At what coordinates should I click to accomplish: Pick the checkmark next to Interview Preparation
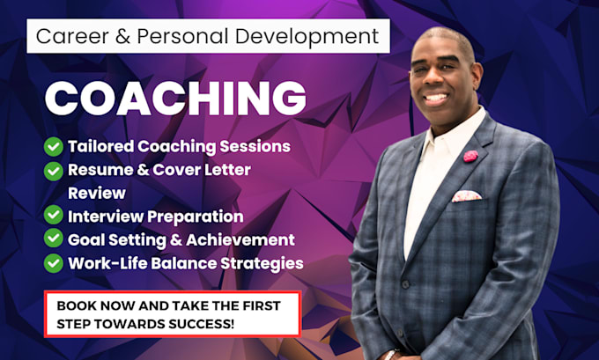(54, 216)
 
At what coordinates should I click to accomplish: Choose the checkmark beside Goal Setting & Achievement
(54, 239)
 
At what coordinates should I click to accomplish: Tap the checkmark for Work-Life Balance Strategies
(54, 262)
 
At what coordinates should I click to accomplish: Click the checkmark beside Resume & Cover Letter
(54, 170)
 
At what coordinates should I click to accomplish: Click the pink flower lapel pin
(470, 156)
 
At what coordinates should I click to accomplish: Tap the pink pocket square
(466, 195)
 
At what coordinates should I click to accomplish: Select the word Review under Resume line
(97, 192)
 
